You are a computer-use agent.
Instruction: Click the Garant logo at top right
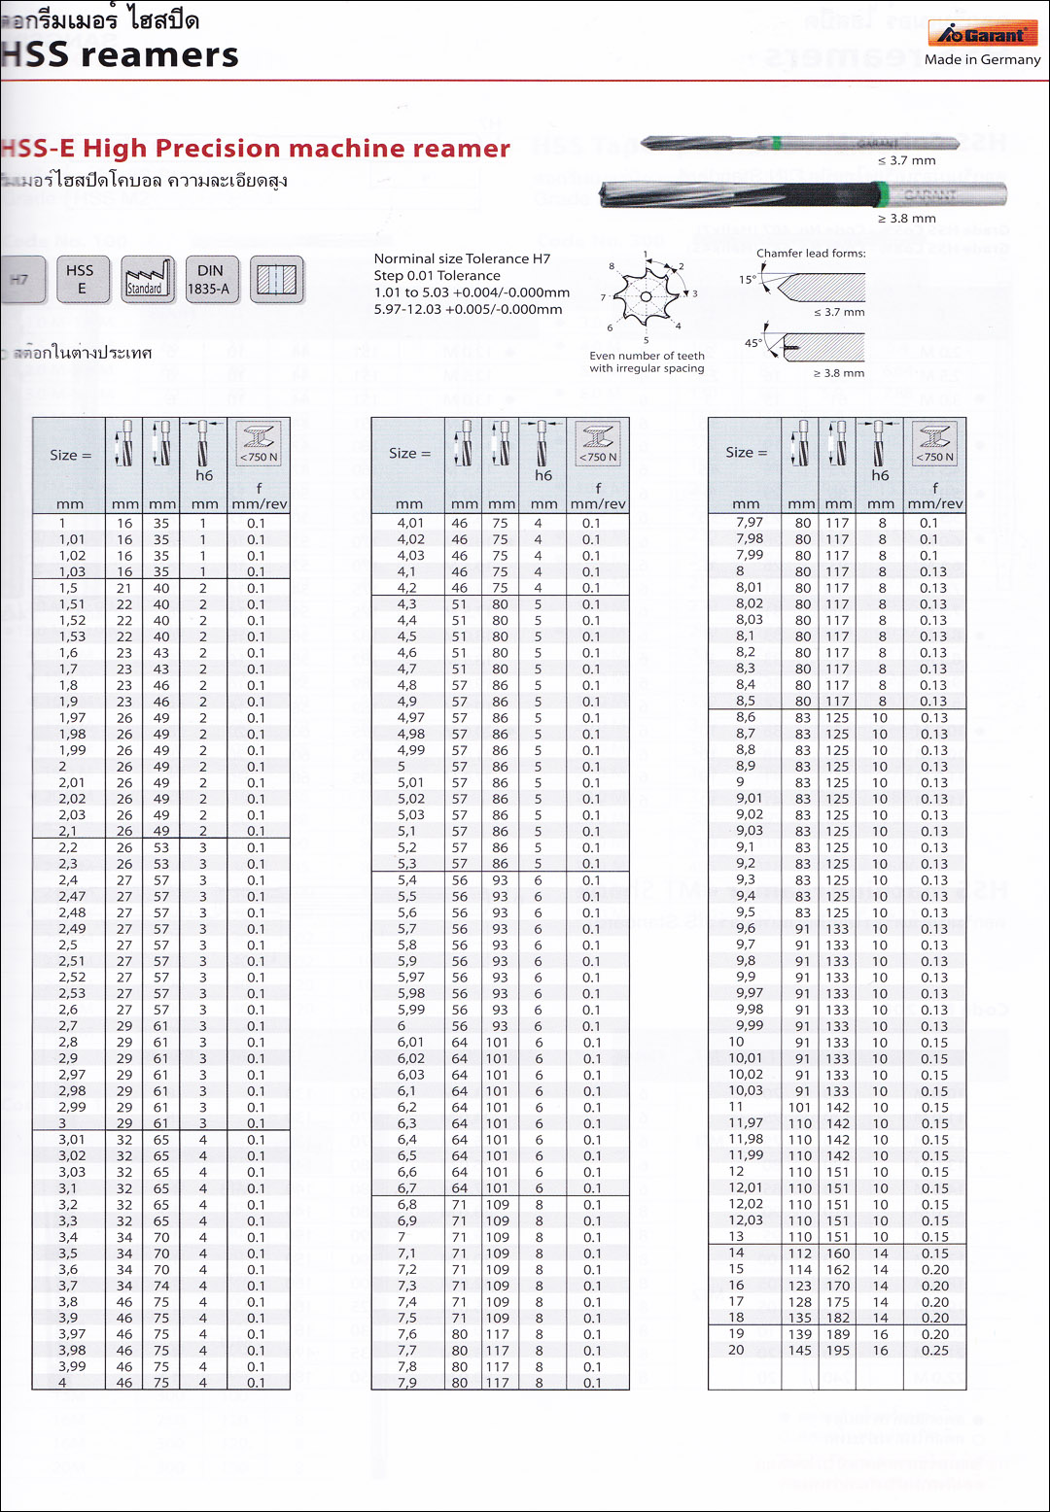tap(982, 34)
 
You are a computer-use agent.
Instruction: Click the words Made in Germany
tap(982, 59)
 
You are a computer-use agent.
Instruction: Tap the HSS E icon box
tap(82, 279)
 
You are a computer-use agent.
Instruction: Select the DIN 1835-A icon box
tap(210, 279)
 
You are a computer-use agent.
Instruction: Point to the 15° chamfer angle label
tap(747, 280)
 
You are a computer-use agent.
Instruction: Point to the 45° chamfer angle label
tap(752, 343)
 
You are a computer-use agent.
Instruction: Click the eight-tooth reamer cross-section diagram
tap(647, 295)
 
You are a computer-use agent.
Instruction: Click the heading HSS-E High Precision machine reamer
tap(256, 148)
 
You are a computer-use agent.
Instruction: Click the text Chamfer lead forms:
tap(811, 254)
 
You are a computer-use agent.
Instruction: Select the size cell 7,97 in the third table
tap(750, 523)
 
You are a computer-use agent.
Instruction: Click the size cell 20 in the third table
tap(736, 1350)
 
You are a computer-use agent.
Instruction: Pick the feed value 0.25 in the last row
tap(934, 1350)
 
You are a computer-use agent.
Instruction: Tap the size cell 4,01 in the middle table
tap(410, 523)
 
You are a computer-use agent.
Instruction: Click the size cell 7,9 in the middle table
tap(407, 1382)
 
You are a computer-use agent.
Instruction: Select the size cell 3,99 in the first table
tap(72, 1366)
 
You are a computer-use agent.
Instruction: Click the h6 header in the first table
tap(204, 475)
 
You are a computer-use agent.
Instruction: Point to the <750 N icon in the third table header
tap(935, 443)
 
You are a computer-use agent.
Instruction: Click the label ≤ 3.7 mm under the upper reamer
tap(906, 160)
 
